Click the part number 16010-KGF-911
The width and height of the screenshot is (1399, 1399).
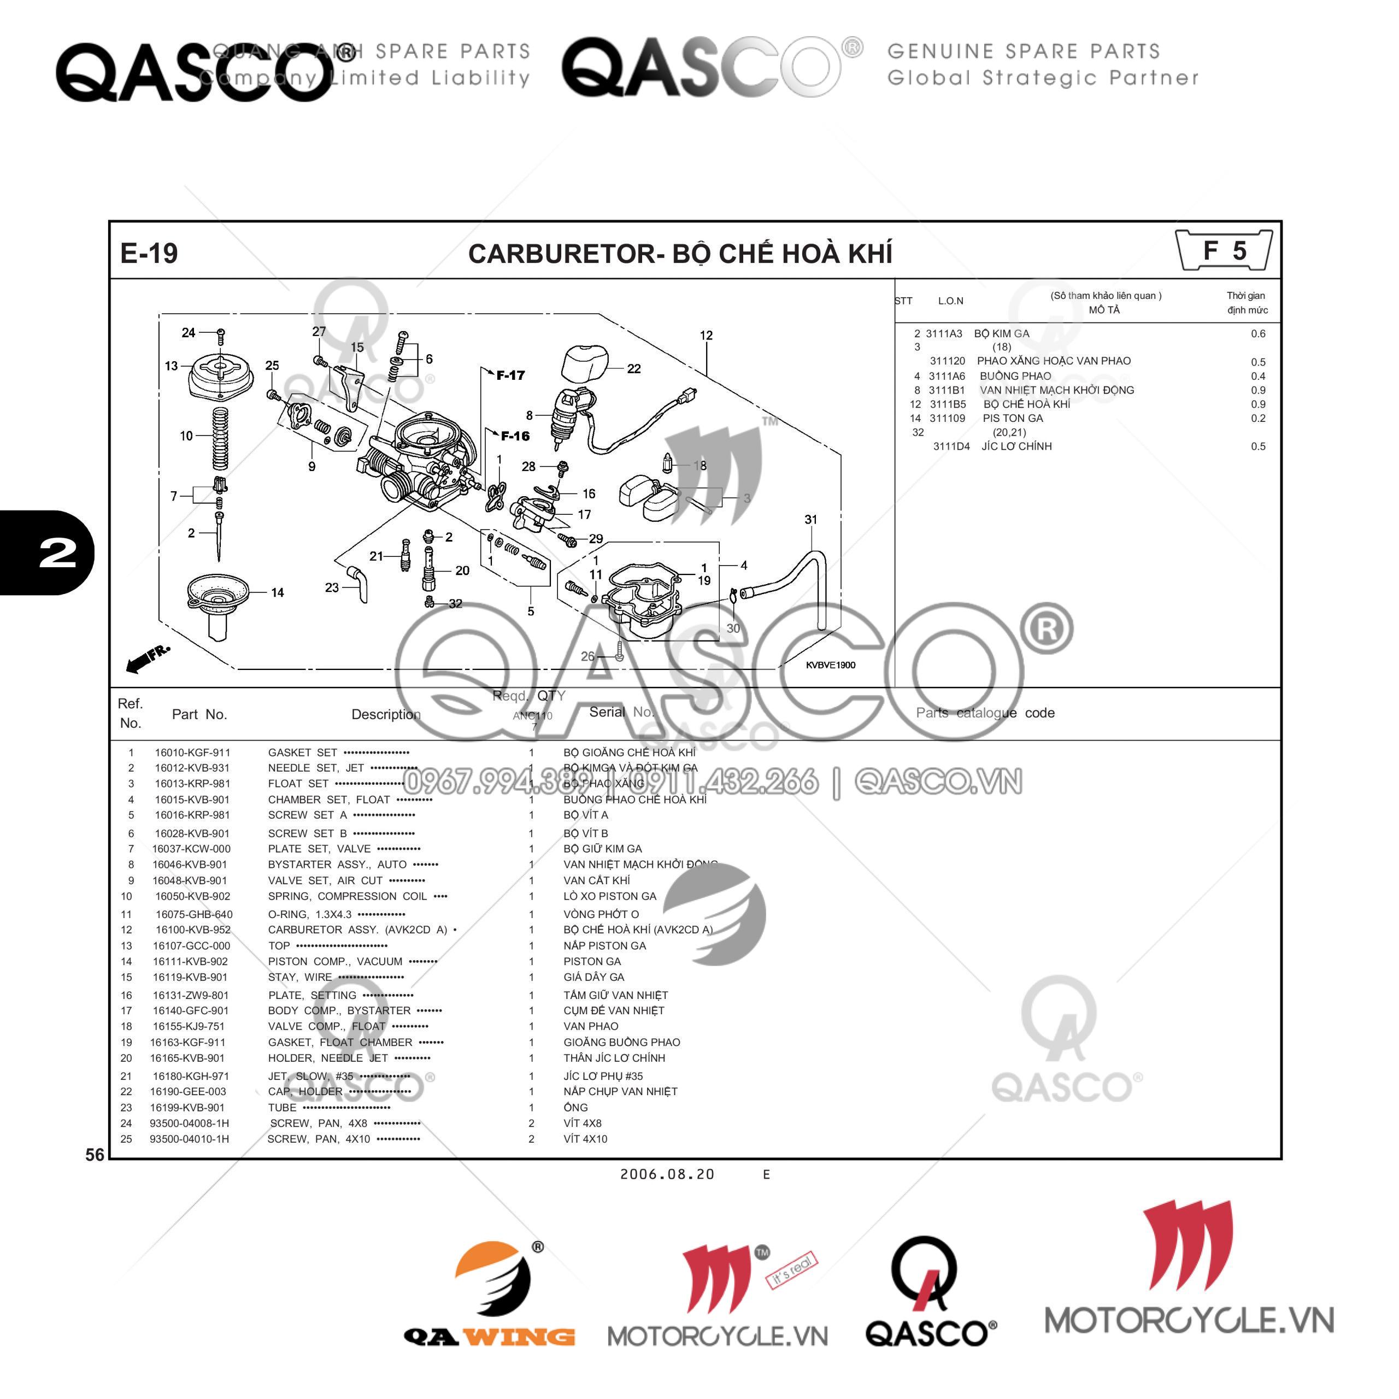point(192,753)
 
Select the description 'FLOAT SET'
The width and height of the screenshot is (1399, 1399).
point(298,784)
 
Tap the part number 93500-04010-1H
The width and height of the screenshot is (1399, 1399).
point(189,1139)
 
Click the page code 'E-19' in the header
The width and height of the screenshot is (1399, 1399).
point(149,254)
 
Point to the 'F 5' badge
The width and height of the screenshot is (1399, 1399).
point(1224,250)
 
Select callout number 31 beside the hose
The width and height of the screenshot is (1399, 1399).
point(810,519)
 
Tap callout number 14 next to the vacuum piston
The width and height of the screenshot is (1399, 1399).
point(277,592)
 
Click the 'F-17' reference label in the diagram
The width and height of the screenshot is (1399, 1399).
point(510,375)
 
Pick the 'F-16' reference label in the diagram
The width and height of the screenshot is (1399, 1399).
point(515,436)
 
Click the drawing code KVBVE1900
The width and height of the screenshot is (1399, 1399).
point(831,665)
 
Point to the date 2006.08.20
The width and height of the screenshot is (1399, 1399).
point(667,1174)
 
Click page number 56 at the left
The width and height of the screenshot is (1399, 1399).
point(95,1155)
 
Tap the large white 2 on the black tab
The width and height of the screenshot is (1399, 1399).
point(57,554)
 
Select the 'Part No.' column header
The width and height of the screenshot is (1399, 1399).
point(199,714)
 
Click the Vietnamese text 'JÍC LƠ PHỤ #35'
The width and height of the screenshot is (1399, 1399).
point(603,1076)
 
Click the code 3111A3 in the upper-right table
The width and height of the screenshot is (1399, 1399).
point(944,334)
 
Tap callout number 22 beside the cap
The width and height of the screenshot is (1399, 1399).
point(633,368)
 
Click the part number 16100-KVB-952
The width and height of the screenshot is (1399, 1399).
point(192,930)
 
